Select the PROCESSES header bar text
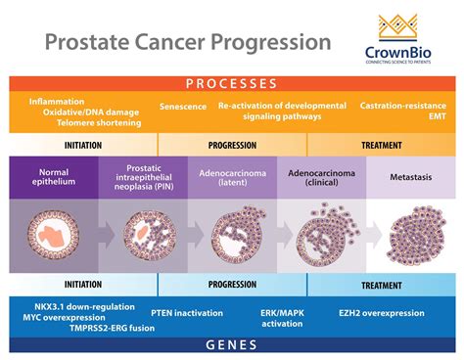(232, 84)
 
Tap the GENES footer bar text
(232, 344)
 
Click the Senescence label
(183, 106)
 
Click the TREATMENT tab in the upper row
(381, 144)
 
